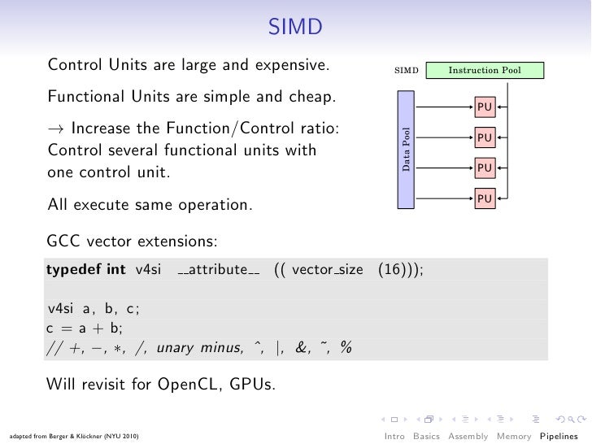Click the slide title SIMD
pyautogui.click(x=296, y=30)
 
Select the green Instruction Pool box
pyautogui.click(x=484, y=71)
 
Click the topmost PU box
pyautogui.click(x=485, y=107)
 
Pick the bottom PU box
pyautogui.click(x=485, y=198)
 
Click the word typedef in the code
pyautogui.click(x=74, y=270)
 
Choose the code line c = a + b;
pyautogui.click(x=84, y=328)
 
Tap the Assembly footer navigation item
pyautogui.click(x=468, y=437)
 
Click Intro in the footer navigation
pyautogui.click(x=394, y=437)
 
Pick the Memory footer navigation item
pyautogui.click(x=514, y=437)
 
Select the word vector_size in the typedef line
pyautogui.click(x=328, y=270)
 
